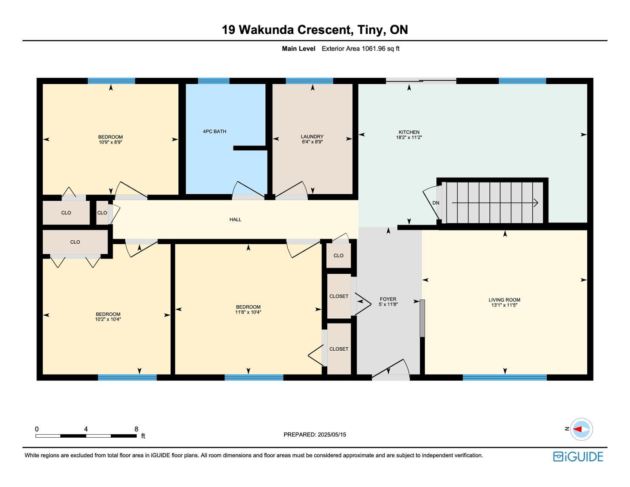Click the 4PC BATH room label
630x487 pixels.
[214, 131]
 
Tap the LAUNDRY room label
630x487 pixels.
[312, 137]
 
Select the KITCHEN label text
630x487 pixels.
[409, 132]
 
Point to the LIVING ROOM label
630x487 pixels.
[504, 300]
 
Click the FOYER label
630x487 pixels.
[388, 299]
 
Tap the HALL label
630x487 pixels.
[235, 220]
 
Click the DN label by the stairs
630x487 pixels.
[436, 203]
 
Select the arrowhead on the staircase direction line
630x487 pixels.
[536, 203]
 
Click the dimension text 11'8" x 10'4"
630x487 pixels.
[248, 312]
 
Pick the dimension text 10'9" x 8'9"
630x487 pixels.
[110, 142]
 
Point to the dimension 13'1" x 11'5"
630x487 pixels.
[504, 305]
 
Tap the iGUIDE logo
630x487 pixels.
[578, 456]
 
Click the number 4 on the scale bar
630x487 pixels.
[86, 429]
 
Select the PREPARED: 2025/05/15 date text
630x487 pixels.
[315, 434]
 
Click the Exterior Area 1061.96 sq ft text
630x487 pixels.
[360, 49]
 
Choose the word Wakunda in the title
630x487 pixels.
[266, 30]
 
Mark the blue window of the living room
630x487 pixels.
[505, 377]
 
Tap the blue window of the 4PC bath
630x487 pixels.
[214, 81]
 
